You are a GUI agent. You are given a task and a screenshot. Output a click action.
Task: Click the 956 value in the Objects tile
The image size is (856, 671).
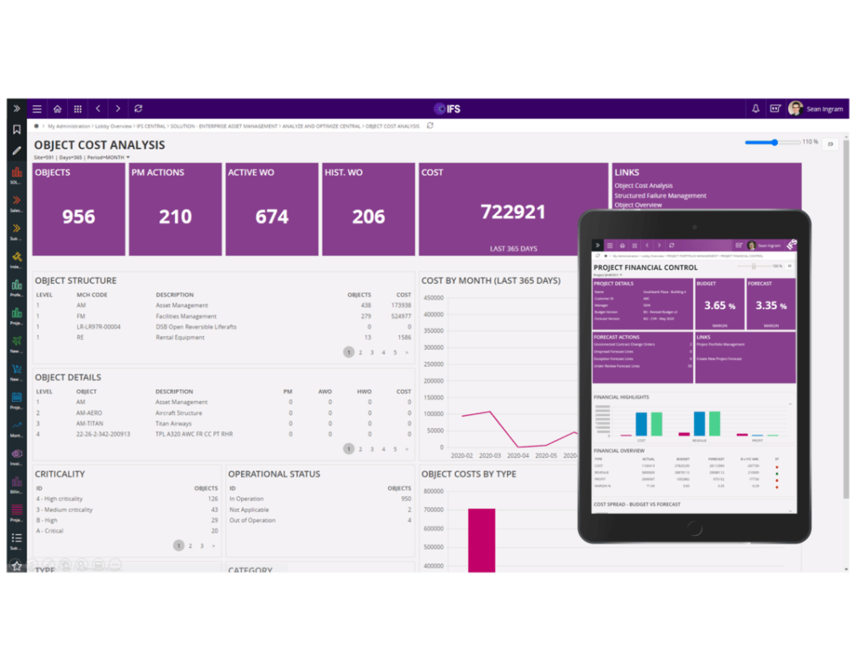click(x=78, y=217)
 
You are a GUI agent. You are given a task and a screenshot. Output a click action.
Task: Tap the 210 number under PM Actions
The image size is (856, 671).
click(x=175, y=217)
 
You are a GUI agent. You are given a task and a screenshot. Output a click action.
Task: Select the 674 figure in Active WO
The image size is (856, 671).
click(x=272, y=217)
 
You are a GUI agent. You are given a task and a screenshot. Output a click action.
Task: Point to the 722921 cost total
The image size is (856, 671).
click(x=513, y=211)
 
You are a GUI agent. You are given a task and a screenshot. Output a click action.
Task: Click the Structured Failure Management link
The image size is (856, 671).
click(x=660, y=195)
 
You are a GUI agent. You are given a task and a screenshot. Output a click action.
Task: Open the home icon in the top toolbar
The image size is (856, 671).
click(x=57, y=109)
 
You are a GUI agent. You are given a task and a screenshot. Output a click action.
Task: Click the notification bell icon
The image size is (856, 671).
click(x=755, y=109)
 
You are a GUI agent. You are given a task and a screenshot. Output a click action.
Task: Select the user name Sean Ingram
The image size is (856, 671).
click(x=825, y=110)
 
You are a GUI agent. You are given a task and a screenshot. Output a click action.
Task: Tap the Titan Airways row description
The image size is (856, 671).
click(x=173, y=423)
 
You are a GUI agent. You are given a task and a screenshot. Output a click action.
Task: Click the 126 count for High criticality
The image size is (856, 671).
click(x=212, y=499)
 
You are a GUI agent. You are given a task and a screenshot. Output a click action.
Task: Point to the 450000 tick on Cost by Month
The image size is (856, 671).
click(x=432, y=298)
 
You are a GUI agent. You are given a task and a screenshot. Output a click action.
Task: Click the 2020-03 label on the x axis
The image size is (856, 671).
click(x=490, y=456)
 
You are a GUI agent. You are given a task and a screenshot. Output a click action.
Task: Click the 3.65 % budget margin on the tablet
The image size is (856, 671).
click(x=719, y=306)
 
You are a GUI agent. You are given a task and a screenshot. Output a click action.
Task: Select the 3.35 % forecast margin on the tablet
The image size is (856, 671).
click(x=770, y=306)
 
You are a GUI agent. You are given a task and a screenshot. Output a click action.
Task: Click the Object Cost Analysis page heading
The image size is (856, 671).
click(x=99, y=145)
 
